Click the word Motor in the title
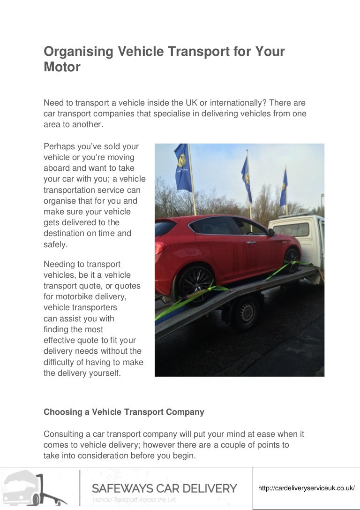point(62,67)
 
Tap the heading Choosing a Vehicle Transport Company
point(124,412)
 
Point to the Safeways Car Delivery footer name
point(165,488)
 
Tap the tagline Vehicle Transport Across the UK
point(134,500)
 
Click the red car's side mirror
point(271,232)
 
